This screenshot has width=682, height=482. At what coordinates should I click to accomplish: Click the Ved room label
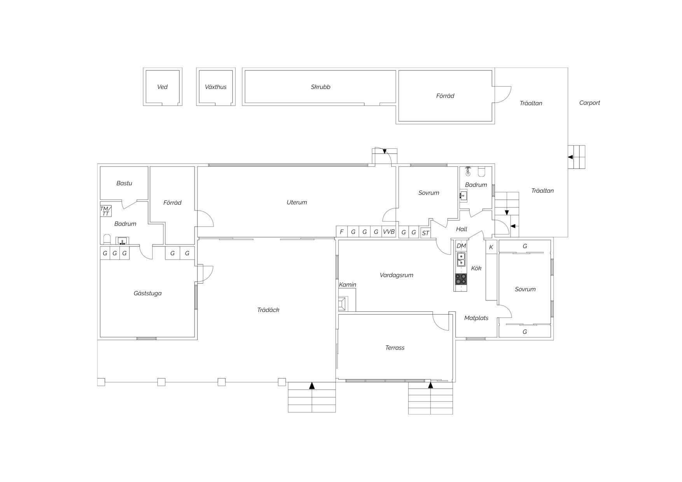pyautogui.click(x=162, y=87)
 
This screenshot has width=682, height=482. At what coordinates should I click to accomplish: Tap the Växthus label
pyautogui.click(x=215, y=87)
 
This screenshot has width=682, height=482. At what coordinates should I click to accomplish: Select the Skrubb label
pyautogui.click(x=320, y=87)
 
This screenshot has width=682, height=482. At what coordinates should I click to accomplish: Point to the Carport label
pyautogui.click(x=589, y=103)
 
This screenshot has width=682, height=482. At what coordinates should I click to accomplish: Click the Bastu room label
pyautogui.click(x=124, y=183)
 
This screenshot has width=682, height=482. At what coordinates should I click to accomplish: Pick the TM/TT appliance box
pyautogui.click(x=106, y=211)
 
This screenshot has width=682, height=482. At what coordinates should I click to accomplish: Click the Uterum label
pyautogui.click(x=297, y=203)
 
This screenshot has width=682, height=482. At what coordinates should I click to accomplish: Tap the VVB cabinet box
pyautogui.click(x=389, y=232)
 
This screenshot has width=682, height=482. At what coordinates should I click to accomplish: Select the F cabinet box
pyautogui.click(x=342, y=232)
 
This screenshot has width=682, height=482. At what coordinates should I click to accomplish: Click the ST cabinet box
pyautogui.click(x=425, y=233)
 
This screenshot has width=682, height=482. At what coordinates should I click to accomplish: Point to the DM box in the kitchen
pyautogui.click(x=461, y=246)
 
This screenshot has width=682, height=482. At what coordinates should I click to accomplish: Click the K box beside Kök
pyautogui.click(x=491, y=247)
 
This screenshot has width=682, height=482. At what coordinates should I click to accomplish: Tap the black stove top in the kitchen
pyautogui.click(x=461, y=279)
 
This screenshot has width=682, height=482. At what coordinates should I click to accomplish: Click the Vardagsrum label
pyautogui.click(x=396, y=275)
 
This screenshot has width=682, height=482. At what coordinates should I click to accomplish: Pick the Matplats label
pyautogui.click(x=476, y=318)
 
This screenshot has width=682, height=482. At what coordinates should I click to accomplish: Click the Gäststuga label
pyautogui.click(x=147, y=293)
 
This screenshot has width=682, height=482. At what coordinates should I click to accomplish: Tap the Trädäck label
pyautogui.click(x=268, y=310)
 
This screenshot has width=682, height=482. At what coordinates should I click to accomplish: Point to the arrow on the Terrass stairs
pyautogui.click(x=430, y=385)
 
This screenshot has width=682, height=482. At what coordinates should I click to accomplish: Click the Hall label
pyautogui.click(x=462, y=229)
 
